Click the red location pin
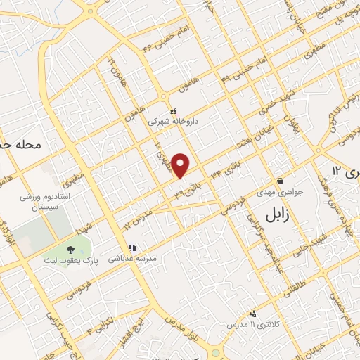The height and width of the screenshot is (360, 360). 181,166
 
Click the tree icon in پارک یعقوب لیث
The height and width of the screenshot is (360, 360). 70,249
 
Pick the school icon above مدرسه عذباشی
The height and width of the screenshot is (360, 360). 131,247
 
